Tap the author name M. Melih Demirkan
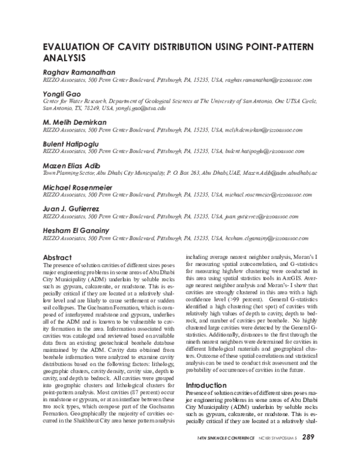tap(78, 123)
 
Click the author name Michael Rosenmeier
tap(77, 187)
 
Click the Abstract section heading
tap(59, 256)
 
